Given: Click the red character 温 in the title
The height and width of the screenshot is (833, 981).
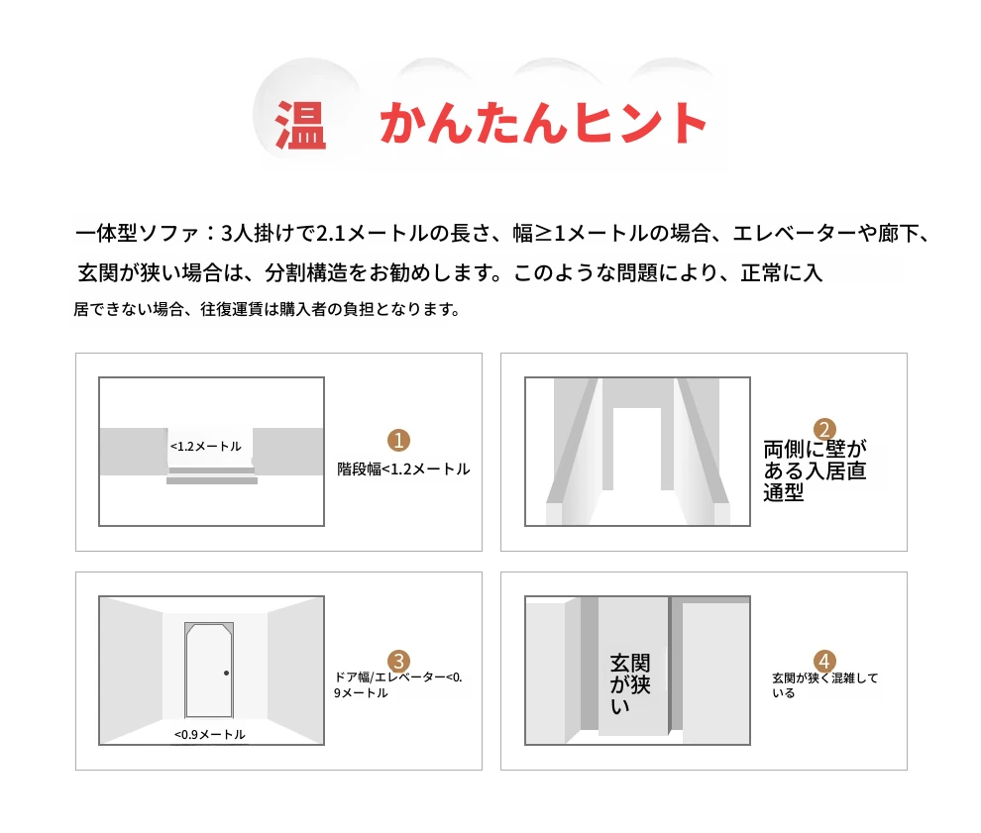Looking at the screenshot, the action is click(301, 125).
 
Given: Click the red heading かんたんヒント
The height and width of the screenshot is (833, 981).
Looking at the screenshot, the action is click(544, 123).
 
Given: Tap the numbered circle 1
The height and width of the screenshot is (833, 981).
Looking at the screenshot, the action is click(398, 440).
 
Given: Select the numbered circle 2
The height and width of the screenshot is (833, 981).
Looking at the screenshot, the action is click(824, 430).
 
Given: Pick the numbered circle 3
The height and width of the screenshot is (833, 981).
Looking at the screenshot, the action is click(398, 661).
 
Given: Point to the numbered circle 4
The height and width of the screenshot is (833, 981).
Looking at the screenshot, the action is click(824, 661).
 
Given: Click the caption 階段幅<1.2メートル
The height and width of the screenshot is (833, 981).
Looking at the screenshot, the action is click(403, 469).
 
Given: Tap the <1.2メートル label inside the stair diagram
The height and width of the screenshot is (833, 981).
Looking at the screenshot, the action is click(206, 446).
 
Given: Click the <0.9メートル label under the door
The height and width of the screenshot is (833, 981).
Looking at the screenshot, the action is click(210, 734).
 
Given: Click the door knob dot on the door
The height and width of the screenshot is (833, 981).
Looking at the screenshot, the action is click(227, 673).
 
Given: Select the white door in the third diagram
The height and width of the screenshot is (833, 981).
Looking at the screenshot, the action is click(210, 671).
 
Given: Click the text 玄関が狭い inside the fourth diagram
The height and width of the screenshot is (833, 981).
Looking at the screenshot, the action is click(630, 684).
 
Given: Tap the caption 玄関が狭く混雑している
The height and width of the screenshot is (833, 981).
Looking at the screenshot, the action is click(824, 684).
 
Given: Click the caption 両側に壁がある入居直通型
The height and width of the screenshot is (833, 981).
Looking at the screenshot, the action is click(815, 470).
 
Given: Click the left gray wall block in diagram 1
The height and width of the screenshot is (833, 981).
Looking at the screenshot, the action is click(133, 452).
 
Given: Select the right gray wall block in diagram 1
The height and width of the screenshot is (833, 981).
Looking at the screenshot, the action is click(287, 452).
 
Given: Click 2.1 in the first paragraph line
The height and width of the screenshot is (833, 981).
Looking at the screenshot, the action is click(330, 234).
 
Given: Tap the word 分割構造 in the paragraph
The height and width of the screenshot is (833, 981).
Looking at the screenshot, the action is click(306, 272).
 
